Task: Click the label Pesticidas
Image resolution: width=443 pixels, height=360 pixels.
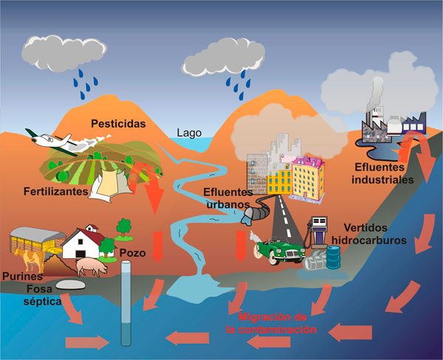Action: pos(118,124)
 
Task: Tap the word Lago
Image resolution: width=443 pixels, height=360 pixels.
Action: pos(189,133)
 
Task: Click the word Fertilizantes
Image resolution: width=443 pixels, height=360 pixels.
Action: pos(56,192)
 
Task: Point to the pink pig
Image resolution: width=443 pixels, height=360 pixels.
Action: pos(92,267)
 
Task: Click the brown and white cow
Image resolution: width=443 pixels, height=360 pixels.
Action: pos(30,260)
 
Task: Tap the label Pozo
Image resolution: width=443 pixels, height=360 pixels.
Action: pos(132,253)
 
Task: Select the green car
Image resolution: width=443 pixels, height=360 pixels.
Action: pos(280,252)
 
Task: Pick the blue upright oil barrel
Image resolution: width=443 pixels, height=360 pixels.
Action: pos(334,257)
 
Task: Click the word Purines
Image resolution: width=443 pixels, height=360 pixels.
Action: pos(23,276)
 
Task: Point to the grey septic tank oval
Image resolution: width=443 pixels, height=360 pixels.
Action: pos(71,285)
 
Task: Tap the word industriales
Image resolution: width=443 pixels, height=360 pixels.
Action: pos(382,180)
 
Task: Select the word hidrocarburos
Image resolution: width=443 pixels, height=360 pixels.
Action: pos(369,240)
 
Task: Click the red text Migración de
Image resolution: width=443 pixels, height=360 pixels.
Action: pos(272,316)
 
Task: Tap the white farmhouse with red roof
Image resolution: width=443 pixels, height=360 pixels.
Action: pos(83,243)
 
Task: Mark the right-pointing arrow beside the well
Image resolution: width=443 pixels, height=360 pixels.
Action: pos(87,342)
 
